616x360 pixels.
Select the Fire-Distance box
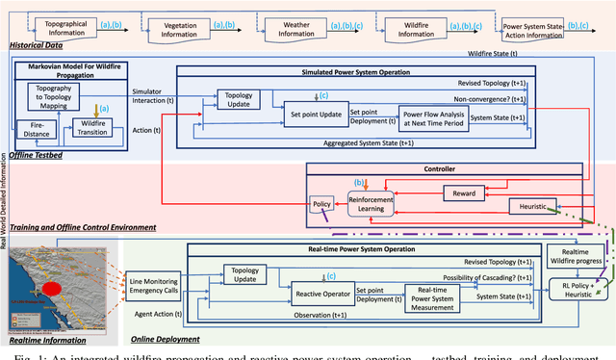coord(38,129)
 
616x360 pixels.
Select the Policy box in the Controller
coord(321,204)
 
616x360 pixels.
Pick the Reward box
coord(464,193)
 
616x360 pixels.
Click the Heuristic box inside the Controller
coord(532,205)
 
